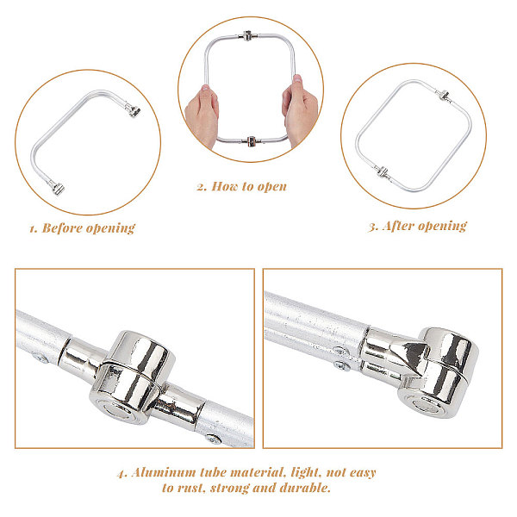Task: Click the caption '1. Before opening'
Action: (82, 228)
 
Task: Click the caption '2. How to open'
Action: (241, 187)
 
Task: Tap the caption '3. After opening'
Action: (418, 226)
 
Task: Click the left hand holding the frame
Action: (202, 115)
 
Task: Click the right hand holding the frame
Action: (300, 109)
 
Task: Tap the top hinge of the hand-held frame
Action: (247, 35)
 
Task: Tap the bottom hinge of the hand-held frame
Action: (252, 141)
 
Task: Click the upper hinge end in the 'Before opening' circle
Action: (133, 109)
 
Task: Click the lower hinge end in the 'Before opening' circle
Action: (56, 187)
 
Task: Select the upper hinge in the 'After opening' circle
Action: (443, 95)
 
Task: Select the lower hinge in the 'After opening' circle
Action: (382, 171)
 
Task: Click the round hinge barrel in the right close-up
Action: (439, 372)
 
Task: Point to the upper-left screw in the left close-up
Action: (40, 358)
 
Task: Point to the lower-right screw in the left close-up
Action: (214, 439)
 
